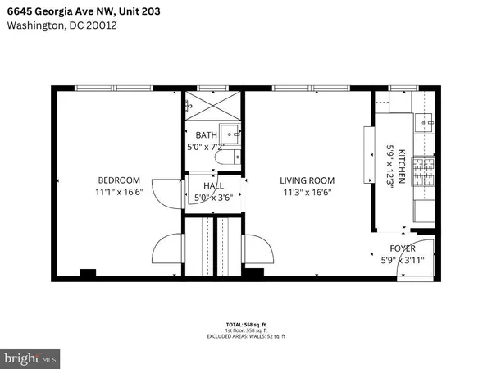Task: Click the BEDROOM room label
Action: tap(120, 180)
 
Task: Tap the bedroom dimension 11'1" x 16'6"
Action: tap(120, 193)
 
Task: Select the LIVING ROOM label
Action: tap(307, 180)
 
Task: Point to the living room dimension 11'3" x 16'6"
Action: tap(307, 193)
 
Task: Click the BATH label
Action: tap(207, 134)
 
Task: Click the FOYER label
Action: tap(402, 248)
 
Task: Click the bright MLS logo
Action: tap(32, 358)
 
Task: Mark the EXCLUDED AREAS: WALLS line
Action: tap(246, 338)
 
